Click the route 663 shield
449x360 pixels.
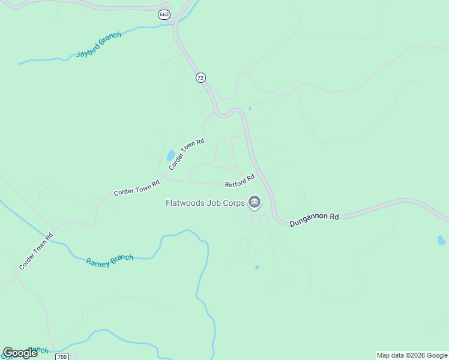coord(164,14)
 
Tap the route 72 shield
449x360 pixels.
coord(200,78)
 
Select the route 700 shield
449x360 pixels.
coord(62,356)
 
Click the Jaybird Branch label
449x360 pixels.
coord(98,45)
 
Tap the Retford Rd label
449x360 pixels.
coord(240,181)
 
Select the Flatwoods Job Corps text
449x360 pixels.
coord(205,203)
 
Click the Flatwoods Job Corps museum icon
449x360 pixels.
coord(255,203)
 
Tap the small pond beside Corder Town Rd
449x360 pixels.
coord(171,156)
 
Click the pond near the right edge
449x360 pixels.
coord(441,241)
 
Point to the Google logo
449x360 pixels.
coord(20,353)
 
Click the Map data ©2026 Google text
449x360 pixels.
coord(412,355)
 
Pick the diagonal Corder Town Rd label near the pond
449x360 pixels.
coord(187,154)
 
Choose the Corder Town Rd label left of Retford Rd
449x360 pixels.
coord(137,188)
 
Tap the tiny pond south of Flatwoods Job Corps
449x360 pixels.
coord(257,267)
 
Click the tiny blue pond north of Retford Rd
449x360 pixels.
coord(250,108)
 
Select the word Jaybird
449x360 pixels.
coord(89,49)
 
